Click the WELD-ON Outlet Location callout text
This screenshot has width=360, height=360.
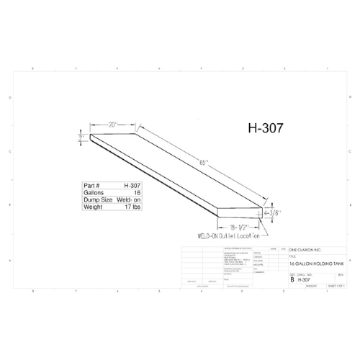tap(226, 235)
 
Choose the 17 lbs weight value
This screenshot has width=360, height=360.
tap(132, 208)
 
